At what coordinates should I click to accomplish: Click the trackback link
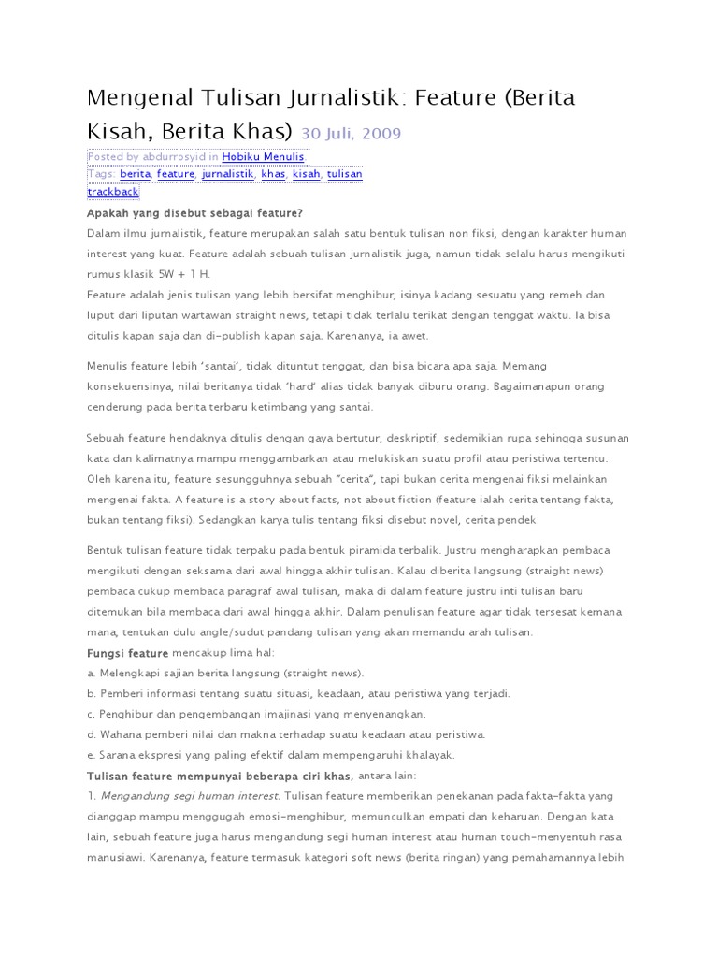113,191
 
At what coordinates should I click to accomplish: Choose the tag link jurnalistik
227,174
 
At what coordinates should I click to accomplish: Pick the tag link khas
273,174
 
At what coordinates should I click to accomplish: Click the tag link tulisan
344,174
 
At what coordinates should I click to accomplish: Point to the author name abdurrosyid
175,157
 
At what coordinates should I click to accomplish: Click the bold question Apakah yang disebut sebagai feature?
195,213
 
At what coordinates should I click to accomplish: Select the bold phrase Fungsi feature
128,652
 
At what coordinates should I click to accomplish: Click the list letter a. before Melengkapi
92,673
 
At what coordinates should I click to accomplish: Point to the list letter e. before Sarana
92,754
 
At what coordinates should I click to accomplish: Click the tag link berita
135,174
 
